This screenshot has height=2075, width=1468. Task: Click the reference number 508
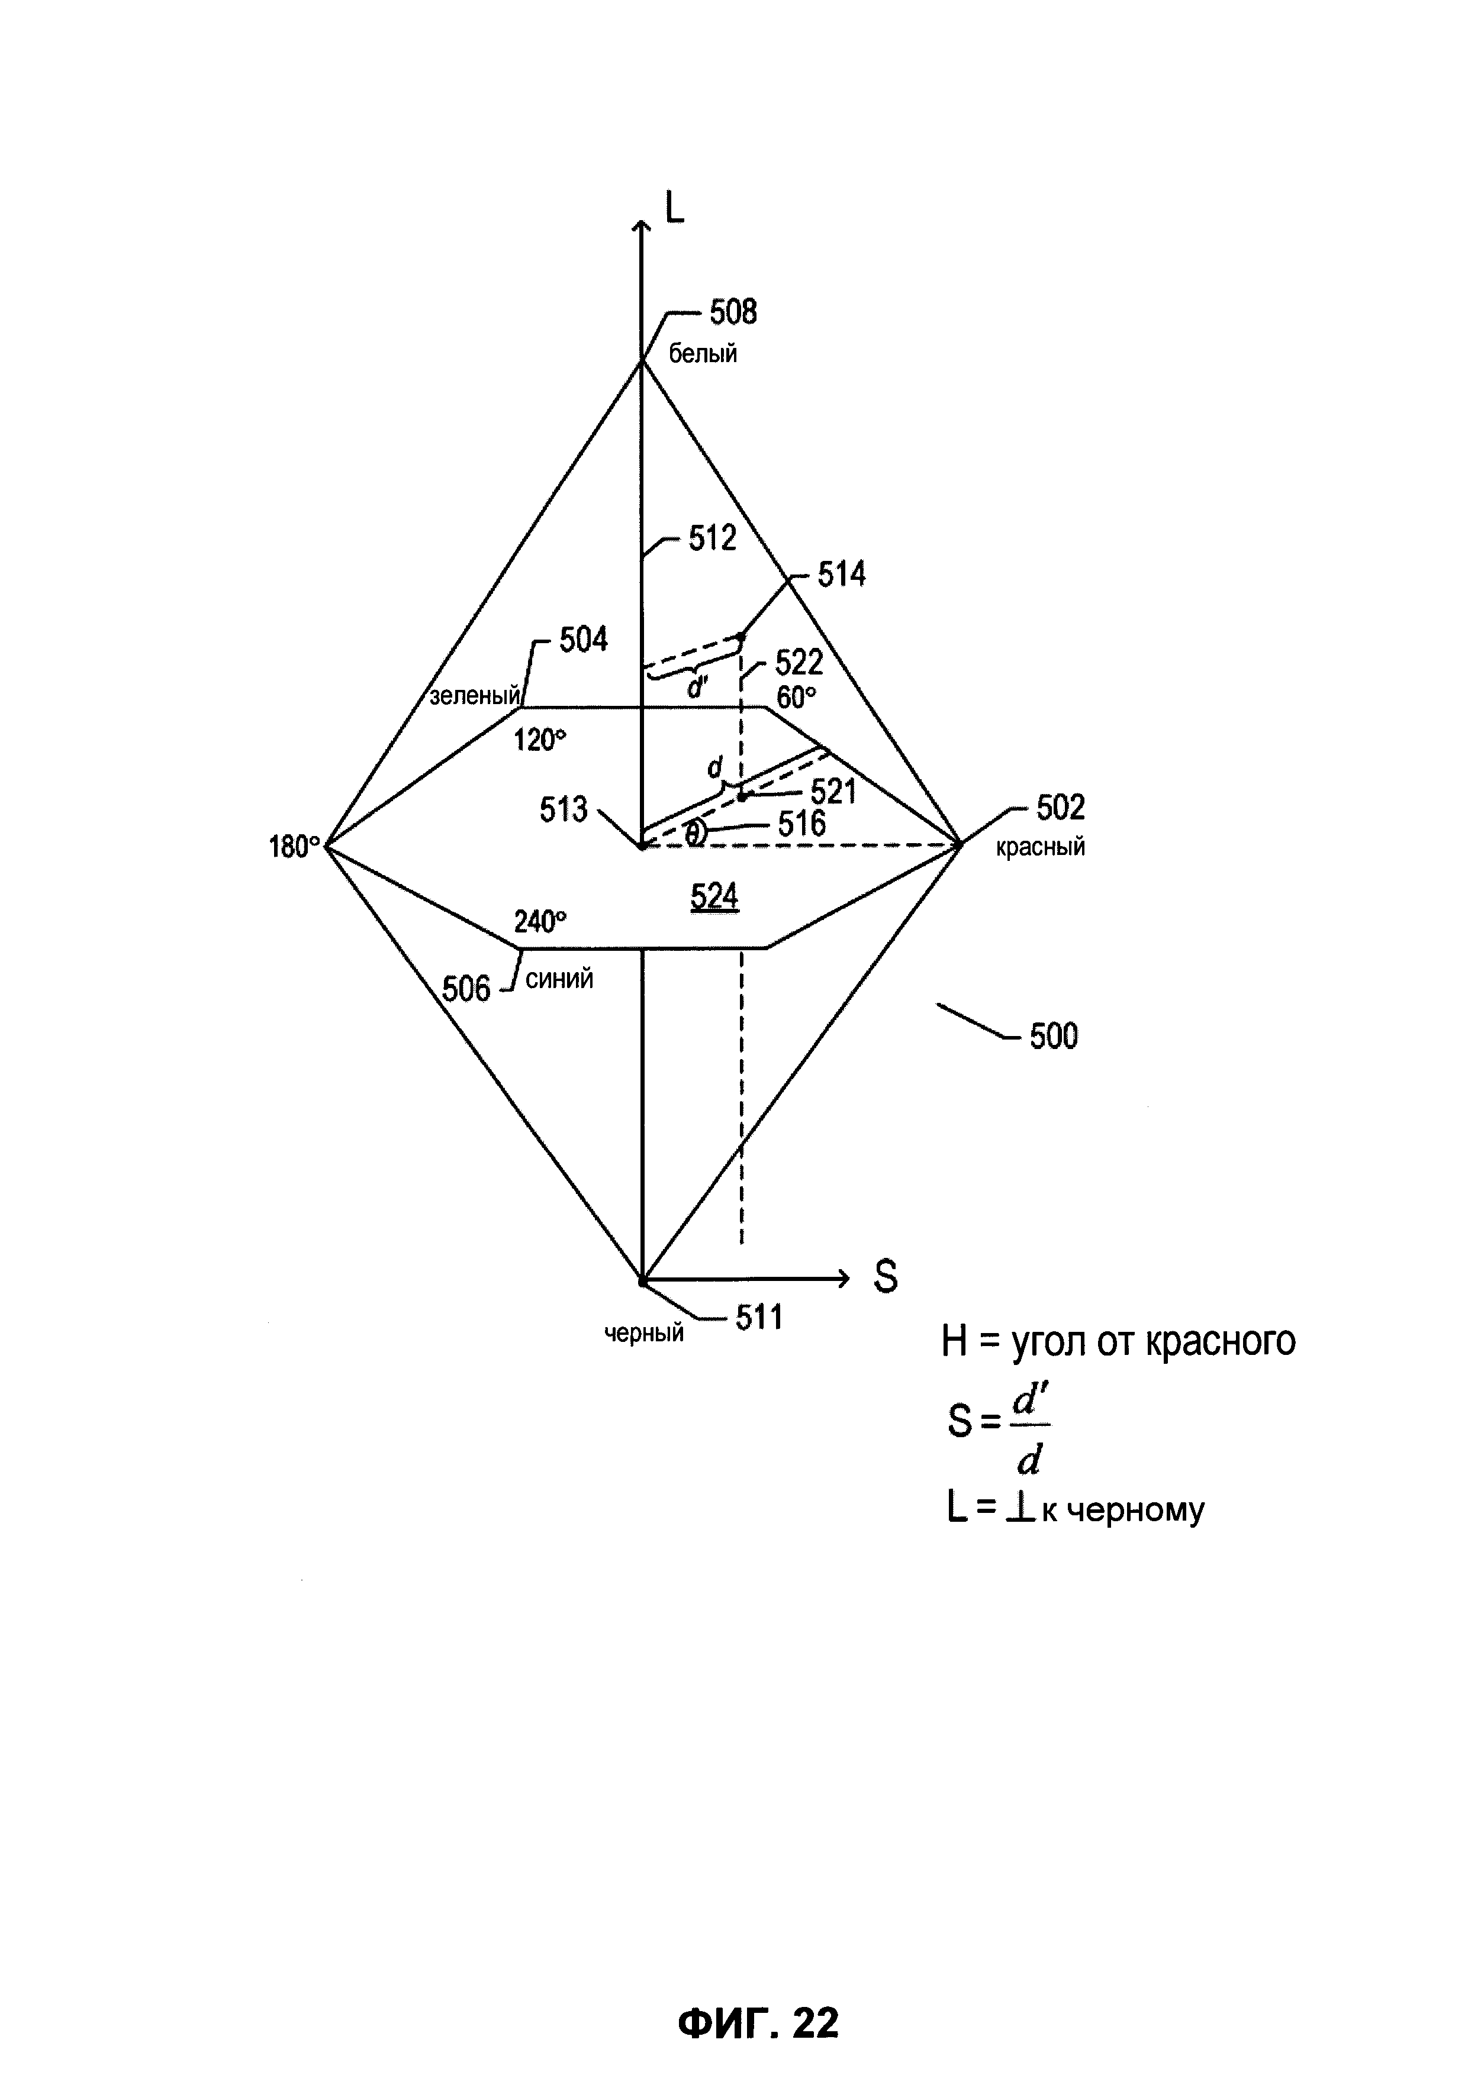tap(732, 312)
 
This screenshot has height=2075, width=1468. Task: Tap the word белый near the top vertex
tap(703, 354)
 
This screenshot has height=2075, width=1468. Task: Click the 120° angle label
tap(540, 741)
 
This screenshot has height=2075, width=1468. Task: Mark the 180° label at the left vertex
tap(295, 848)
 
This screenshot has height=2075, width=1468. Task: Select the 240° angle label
tap(540, 922)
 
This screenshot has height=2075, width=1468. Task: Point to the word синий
tap(559, 980)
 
